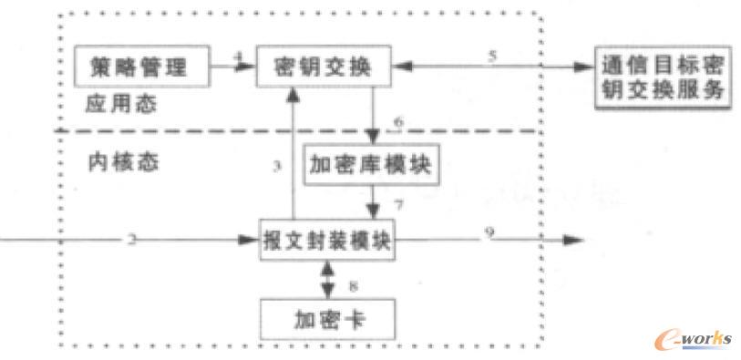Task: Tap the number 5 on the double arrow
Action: [492, 57]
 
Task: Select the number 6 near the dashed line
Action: [397, 121]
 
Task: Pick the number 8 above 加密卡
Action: [351, 285]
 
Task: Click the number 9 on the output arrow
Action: [489, 233]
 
